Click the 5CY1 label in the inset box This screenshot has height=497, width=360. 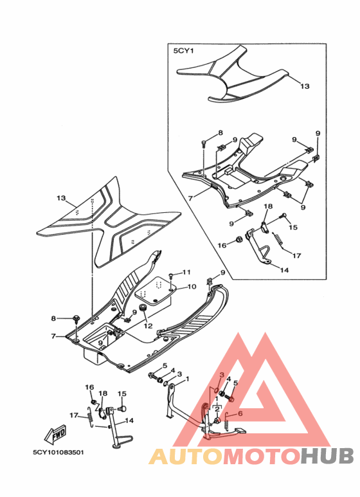tap(183, 51)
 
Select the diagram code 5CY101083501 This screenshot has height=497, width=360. tap(59, 452)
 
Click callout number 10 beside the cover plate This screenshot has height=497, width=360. tap(192, 287)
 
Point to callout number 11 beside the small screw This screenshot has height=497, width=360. tap(186, 272)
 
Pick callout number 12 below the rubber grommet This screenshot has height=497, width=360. tap(148, 325)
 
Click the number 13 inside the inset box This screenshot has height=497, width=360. tap(305, 86)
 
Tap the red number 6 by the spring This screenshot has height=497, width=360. tap(240, 413)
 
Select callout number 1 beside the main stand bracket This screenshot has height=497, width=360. tap(187, 379)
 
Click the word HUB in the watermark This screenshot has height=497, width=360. tap(327, 455)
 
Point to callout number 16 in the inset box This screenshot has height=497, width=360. tap(222, 246)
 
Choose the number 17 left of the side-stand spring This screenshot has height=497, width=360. tap(74, 415)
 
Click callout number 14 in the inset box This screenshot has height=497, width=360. tap(284, 270)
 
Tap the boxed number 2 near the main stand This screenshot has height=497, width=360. tap(217, 409)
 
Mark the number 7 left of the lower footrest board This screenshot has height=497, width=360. tap(53, 336)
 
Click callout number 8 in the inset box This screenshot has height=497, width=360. tap(221, 133)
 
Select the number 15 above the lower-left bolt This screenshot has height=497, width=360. tap(122, 393)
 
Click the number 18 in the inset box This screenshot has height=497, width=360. tap(268, 206)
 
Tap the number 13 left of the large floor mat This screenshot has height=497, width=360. tap(61, 198)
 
